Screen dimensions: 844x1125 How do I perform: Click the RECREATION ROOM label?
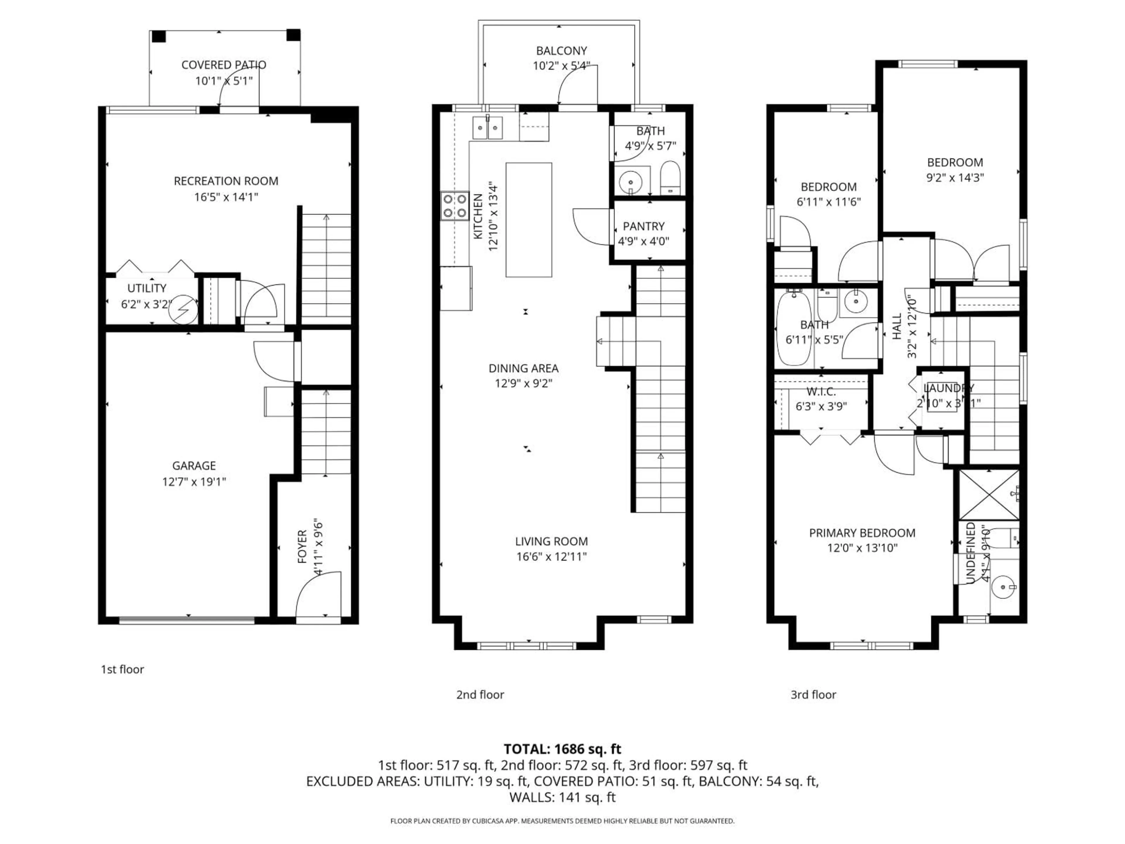(226, 181)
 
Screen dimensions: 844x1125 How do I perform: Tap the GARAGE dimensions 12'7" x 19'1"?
(194, 481)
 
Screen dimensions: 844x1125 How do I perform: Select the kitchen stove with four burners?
(455, 206)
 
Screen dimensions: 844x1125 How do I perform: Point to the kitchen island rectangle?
(529, 220)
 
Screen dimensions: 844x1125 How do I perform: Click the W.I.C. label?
(821, 391)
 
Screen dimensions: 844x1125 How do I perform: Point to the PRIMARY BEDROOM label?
(862, 533)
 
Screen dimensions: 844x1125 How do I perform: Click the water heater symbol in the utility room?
(185, 309)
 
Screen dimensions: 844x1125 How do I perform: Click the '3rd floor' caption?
(813, 695)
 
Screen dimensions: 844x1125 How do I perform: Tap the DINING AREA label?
(523, 368)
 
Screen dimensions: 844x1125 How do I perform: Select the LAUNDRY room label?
(948, 388)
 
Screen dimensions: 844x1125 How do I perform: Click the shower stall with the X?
(989, 494)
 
